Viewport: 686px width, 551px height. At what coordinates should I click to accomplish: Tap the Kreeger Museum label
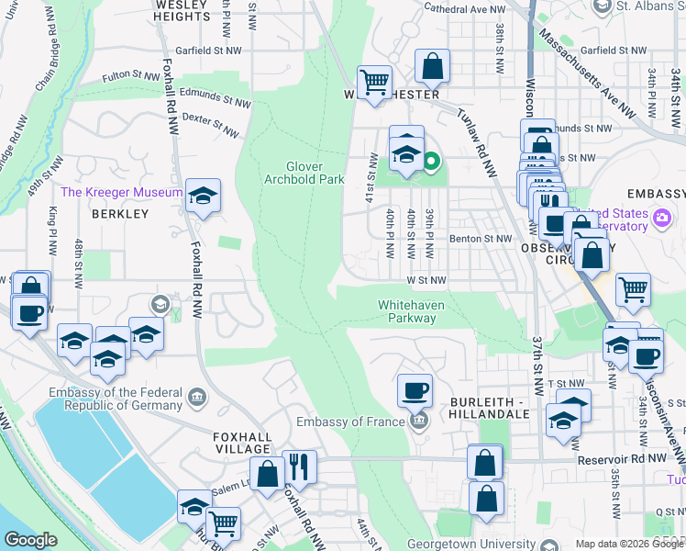(x=121, y=192)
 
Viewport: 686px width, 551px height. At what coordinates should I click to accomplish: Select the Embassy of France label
(x=350, y=422)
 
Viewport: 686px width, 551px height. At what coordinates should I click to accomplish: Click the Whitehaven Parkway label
(x=407, y=311)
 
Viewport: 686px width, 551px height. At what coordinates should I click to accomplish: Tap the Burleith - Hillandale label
(x=490, y=408)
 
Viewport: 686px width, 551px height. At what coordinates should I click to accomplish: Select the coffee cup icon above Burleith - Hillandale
(x=415, y=390)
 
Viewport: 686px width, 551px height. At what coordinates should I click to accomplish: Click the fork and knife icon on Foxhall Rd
(x=299, y=467)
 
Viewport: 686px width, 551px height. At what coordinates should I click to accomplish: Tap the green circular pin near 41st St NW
(x=431, y=164)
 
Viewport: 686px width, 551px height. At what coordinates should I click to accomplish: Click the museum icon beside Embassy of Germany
(x=196, y=397)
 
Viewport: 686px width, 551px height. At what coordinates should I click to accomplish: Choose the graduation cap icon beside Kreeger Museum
(x=204, y=196)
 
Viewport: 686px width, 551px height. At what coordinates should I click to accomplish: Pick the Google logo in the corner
(x=30, y=539)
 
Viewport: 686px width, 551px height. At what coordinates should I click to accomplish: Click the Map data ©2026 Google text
(x=625, y=544)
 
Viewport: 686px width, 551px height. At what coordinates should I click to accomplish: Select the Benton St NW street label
(x=480, y=238)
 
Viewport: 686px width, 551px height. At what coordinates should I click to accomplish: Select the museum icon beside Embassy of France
(x=419, y=422)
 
